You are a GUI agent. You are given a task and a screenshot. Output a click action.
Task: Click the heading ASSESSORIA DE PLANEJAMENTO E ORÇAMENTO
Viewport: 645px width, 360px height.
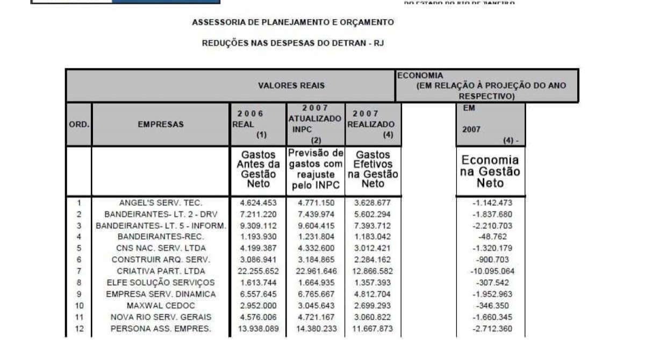pyautogui.click(x=293, y=23)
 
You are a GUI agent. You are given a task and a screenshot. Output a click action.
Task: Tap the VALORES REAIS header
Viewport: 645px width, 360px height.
pyautogui.click(x=291, y=85)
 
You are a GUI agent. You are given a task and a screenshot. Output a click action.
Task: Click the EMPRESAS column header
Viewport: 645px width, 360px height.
pyautogui.click(x=160, y=124)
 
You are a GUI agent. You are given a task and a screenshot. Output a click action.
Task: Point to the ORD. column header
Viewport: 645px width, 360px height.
pyautogui.click(x=79, y=124)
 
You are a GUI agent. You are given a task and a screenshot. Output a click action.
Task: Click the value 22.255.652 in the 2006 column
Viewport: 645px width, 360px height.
pyautogui.click(x=257, y=271)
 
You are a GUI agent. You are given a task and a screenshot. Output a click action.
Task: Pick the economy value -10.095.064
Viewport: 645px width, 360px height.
pyautogui.click(x=490, y=271)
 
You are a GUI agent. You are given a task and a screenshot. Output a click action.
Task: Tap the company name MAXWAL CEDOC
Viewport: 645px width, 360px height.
pyautogui.click(x=161, y=305)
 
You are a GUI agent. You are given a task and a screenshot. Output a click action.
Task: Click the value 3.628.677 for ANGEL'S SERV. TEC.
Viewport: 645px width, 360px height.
pyautogui.click(x=372, y=203)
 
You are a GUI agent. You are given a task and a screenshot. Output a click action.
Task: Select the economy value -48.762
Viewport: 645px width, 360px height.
pyautogui.click(x=490, y=236)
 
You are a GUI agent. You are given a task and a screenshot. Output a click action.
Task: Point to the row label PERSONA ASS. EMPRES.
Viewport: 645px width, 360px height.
pyautogui.click(x=161, y=328)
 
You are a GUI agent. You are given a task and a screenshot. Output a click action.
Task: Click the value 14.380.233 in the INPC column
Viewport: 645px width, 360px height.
pyautogui.click(x=315, y=328)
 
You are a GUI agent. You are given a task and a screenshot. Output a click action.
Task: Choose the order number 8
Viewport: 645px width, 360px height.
pyautogui.click(x=79, y=282)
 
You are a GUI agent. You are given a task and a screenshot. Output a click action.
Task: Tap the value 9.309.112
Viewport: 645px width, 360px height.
pyautogui.click(x=257, y=225)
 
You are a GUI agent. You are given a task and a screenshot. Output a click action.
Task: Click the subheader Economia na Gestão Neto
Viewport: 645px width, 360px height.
pyautogui.click(x=490, y=171)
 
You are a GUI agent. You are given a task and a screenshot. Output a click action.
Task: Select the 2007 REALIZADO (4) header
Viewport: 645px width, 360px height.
pyautogui.click(x=372, y=124)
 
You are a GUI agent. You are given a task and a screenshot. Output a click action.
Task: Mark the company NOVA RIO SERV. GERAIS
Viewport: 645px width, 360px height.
pyautogui.click(x=161, y=317)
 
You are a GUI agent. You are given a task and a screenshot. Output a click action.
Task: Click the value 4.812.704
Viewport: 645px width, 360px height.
pyautogui.click(x=372, y=294)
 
